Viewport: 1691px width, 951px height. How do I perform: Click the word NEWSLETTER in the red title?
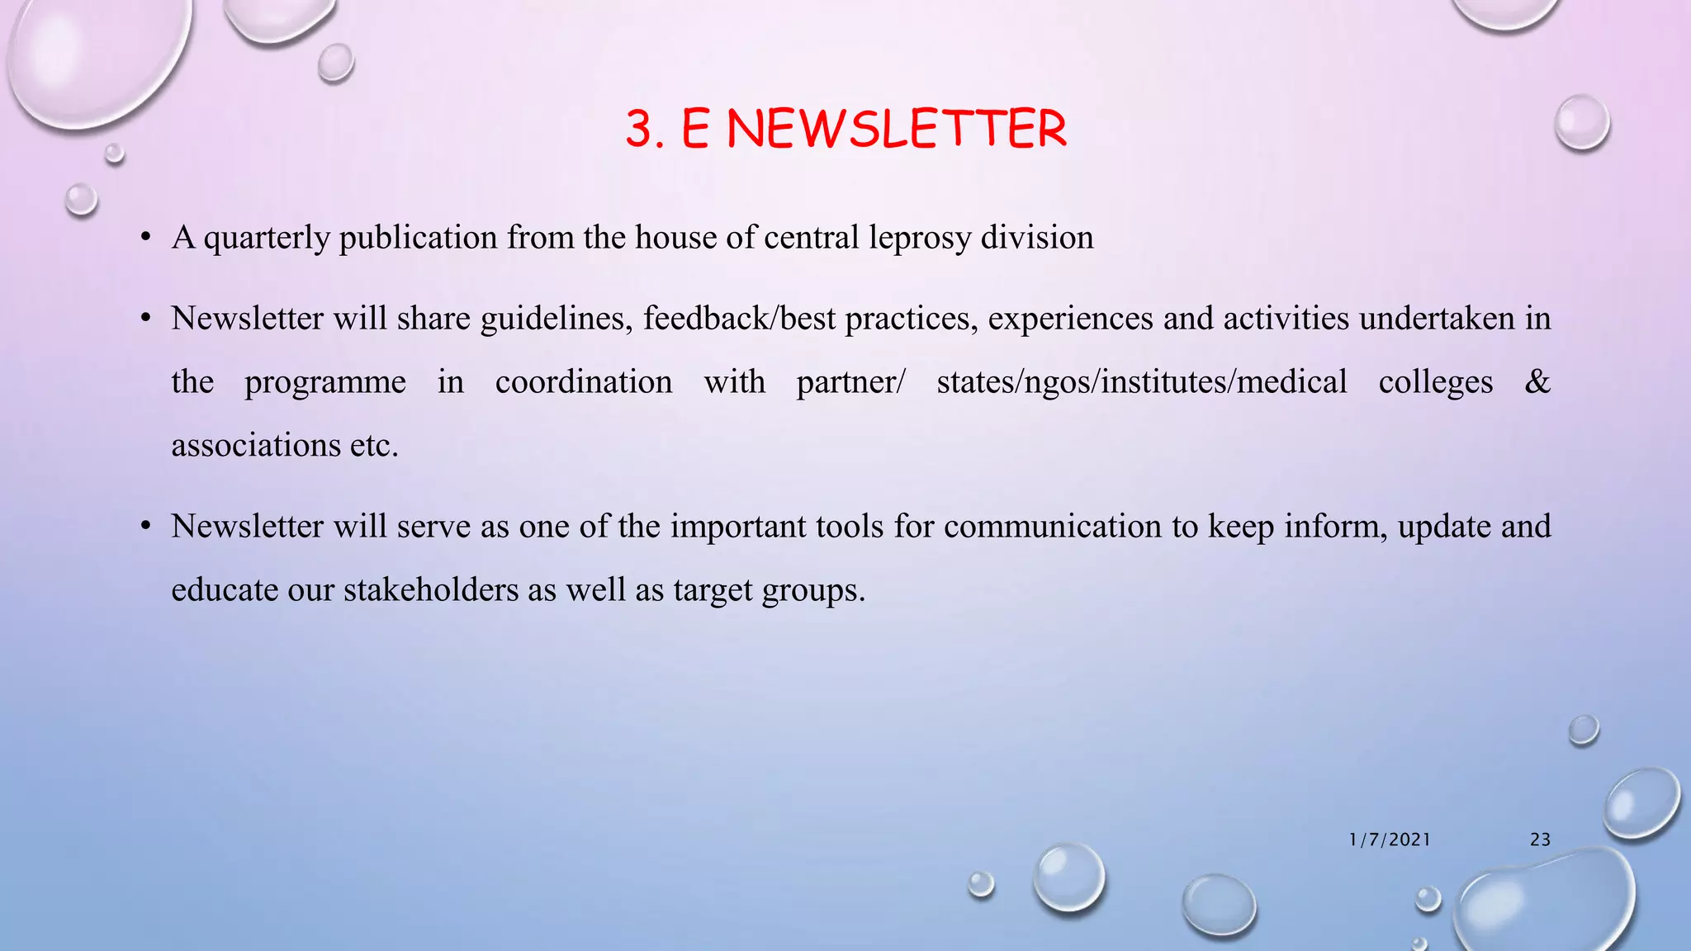(897, 130)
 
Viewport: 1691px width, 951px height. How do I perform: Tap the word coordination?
(584, 382)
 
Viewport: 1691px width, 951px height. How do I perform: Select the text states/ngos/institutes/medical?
(1141, 382)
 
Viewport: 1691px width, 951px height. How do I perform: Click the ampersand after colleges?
(1537, 382)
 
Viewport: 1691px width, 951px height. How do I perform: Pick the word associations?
(255, 446)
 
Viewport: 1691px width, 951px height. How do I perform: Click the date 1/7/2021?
(1390, 840)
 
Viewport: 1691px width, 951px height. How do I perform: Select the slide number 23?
(1540, 840)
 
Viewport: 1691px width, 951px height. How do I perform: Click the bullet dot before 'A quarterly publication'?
(146, 239)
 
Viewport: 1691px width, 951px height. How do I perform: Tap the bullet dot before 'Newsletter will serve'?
(146, 527)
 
